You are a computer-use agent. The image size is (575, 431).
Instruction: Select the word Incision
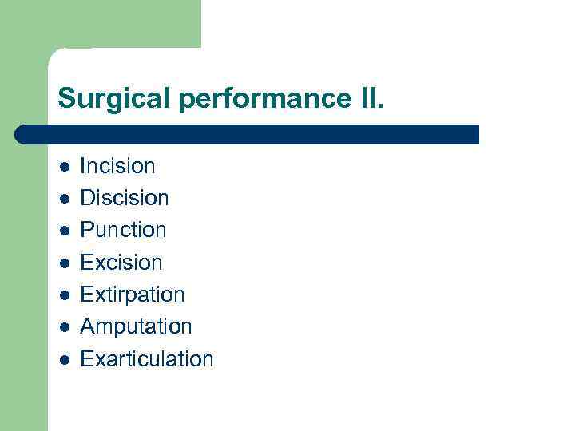click(117, 166)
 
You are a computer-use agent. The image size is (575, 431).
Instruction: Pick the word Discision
click(125, 198)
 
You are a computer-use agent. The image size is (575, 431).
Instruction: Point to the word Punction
click(123, 230)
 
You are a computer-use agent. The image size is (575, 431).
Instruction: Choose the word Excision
click(121, 263)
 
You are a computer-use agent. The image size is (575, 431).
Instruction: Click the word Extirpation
click(133, 295)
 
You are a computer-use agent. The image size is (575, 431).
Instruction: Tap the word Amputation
click(136, 326)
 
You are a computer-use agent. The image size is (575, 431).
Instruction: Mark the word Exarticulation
click(147, 359)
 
